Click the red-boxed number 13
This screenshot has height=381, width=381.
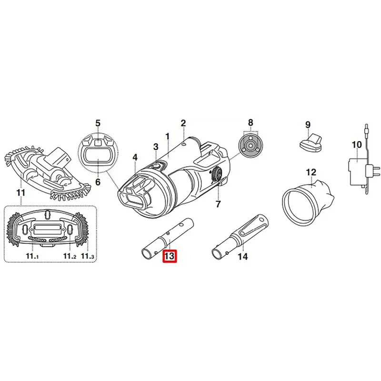[x=170, y=256]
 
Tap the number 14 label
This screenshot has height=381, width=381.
[x=242, y=256]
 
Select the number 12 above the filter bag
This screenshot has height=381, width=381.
[x=311, y=172]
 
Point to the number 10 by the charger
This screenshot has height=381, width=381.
[x=357, y=145]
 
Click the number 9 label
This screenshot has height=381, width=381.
[x=308, y=125]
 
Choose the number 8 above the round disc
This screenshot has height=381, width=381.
[x=251, y=122]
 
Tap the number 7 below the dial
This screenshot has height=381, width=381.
[x=218, y=204]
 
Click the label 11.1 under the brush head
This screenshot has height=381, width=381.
[x=32, y=256]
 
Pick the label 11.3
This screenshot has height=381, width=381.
[x=88, y=256]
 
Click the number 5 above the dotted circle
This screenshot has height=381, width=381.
[x=98, y=123]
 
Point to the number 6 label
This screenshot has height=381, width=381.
[x=98, y=181]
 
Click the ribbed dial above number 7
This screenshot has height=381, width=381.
[x=216, y=174]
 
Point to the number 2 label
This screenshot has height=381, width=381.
[x=183, y=123]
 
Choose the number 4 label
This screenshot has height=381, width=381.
[x=135, y=158]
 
